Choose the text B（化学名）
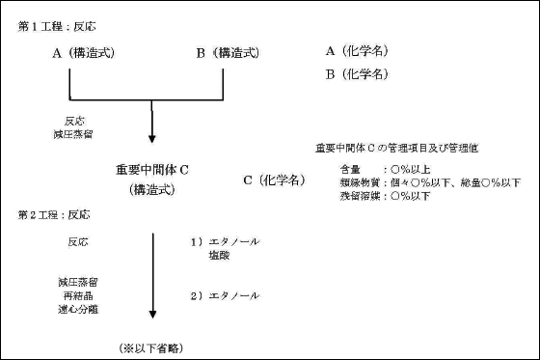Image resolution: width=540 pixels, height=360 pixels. tap(359, 73)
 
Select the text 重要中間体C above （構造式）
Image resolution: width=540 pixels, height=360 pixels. tap(152, 169)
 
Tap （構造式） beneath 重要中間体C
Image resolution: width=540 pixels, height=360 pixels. tap(152, 190)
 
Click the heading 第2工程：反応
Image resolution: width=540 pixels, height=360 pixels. tap(50, 212)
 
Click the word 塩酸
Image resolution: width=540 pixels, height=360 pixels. tap(216, 256)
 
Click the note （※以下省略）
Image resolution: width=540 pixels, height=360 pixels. tap(151, 345)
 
